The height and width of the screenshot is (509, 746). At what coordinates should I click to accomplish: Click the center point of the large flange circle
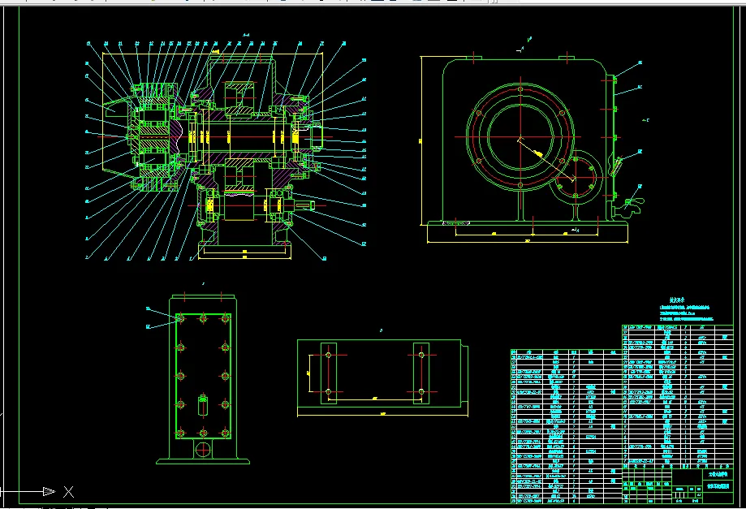(x=518, y=140)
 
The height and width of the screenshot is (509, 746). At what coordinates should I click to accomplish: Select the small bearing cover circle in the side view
(x=577, y=177)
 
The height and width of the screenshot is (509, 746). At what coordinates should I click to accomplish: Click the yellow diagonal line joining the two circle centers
(x=545, y=159)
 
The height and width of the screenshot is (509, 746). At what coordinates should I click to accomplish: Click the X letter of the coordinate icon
(x=69, y=491)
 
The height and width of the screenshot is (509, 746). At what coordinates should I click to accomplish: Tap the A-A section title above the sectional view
(x=246, y=35)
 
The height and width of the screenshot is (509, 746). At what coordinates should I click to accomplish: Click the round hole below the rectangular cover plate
(x=202, y=449)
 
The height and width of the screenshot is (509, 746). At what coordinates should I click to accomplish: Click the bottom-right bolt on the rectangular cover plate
(x=223, y=432)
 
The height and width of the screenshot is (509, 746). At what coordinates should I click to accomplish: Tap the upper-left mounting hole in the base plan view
(x=328, y=354)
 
